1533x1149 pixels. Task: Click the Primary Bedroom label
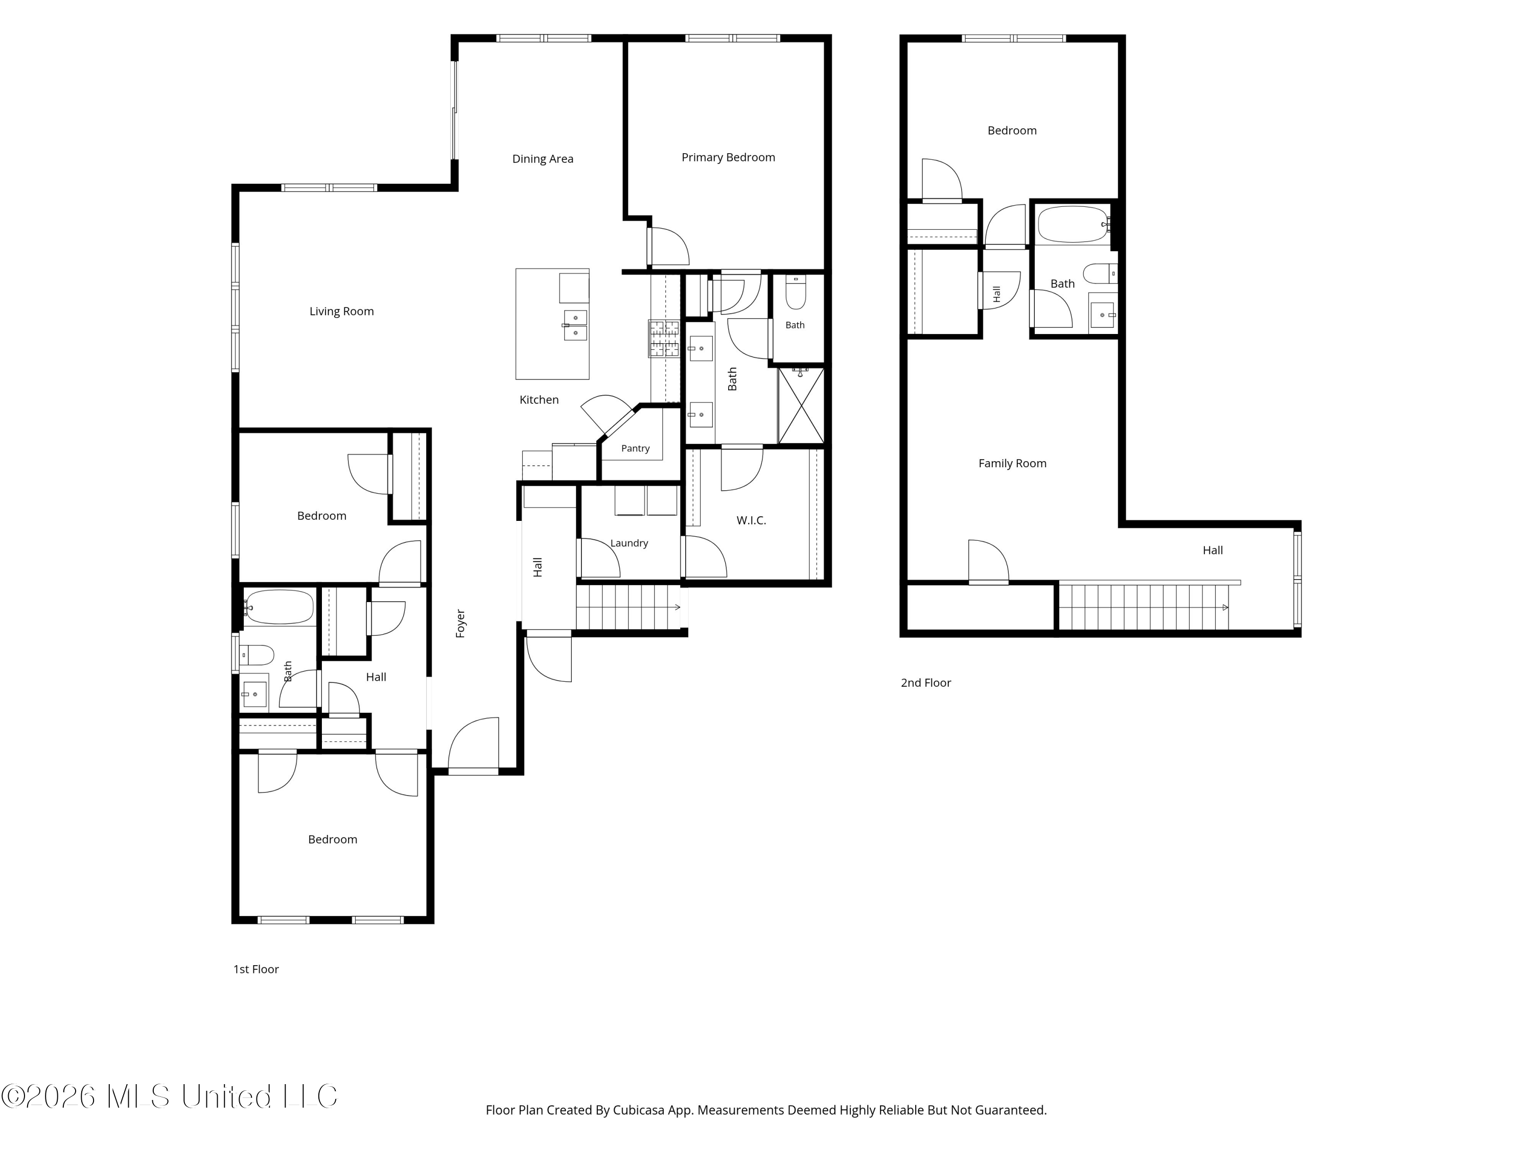click(728, 157)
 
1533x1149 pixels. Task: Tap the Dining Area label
click(543, 159)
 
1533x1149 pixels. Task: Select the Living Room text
click(342, 312)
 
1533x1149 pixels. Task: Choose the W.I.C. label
click(751, 521)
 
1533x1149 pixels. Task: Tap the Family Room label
click(1012, 463)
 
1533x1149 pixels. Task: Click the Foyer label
click(461, 624)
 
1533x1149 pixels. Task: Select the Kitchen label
click(539, 400)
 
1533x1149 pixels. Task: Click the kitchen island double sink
click(575, 325)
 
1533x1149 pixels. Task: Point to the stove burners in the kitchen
click(664, 339)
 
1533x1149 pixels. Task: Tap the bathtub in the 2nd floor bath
click(1073, 224)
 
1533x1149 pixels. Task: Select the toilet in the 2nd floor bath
click(1099, 274)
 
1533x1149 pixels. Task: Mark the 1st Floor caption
click(255, 970)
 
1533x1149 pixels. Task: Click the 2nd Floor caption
click(926, 683)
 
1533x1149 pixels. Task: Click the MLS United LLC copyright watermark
click(169, 1096)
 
